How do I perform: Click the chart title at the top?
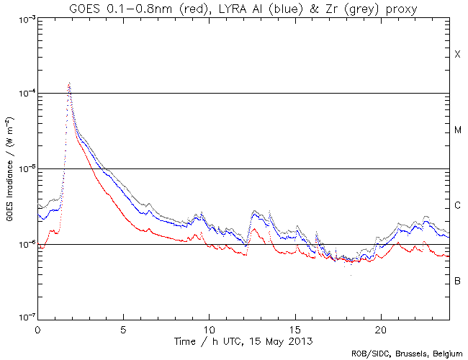tap(244, 8)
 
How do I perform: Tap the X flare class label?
tap(457, 55)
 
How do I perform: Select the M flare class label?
tap(457, 130)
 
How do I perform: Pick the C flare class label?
tap(457, 206)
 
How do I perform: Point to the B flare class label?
tap(457, 280)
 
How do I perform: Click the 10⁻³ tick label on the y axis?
tap(21, 18)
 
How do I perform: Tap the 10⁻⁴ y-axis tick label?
tap(21, 94)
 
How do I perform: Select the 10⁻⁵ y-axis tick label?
tap(21, 168)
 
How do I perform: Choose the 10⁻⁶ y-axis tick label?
tap(21, 244)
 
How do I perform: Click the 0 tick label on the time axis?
tap(37, 328)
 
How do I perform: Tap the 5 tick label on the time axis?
tap(123, 328)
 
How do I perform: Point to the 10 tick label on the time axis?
tap(209, 328)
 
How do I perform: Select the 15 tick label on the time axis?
tap(295, 328)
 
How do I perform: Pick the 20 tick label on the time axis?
tap(381, 328)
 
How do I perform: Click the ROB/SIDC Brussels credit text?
tap(407, 354)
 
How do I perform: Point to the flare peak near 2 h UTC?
tap(69, 84)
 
